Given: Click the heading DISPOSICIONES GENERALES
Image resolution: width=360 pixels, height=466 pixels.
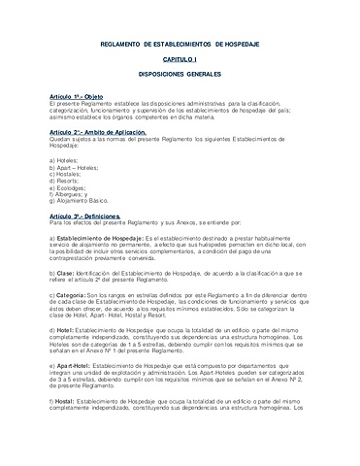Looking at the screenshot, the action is click(x=180, y=75).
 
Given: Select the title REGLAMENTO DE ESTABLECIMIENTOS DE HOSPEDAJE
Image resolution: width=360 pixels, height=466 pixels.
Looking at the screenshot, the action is click(x=180, y=45).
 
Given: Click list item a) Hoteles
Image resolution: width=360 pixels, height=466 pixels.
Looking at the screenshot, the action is click(x=65, y=158).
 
